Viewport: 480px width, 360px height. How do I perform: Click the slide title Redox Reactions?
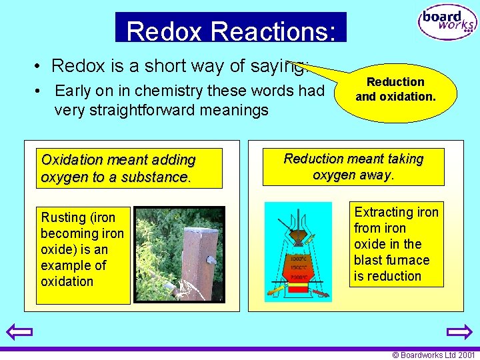(x=230, y=31)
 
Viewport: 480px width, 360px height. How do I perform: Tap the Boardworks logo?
(x=447, y=23)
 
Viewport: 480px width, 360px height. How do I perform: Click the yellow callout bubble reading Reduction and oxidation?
(x=396, y=90)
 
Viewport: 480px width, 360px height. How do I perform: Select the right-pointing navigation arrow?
(x=459, y=332)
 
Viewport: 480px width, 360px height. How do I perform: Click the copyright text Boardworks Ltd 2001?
(x=433, y=355)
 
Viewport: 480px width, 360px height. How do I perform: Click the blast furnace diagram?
(x=298, y=252)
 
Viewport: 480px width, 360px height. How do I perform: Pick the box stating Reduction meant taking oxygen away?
(x=353, y=167)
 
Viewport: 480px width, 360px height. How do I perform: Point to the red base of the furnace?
(x=297, y=287)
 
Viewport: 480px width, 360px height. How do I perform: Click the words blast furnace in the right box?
(x=391, y=260)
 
